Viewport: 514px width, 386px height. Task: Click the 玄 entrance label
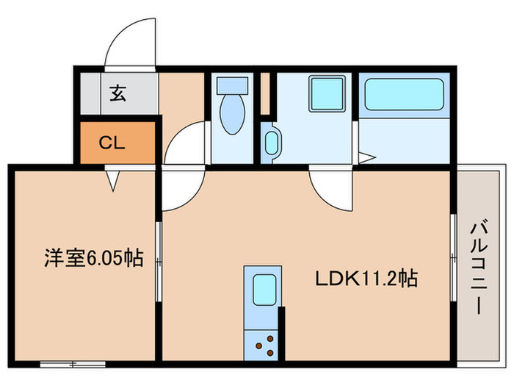click(117, 93)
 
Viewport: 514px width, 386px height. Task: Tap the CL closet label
click(112, 141)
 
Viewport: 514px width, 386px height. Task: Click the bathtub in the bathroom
click(404, 96)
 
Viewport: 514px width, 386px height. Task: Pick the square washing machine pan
click(322, 94)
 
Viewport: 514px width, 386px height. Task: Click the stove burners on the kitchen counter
click(264, 343)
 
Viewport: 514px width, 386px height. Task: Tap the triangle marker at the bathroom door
click(366, 157)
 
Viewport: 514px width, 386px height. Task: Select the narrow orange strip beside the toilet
click(264, 93)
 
